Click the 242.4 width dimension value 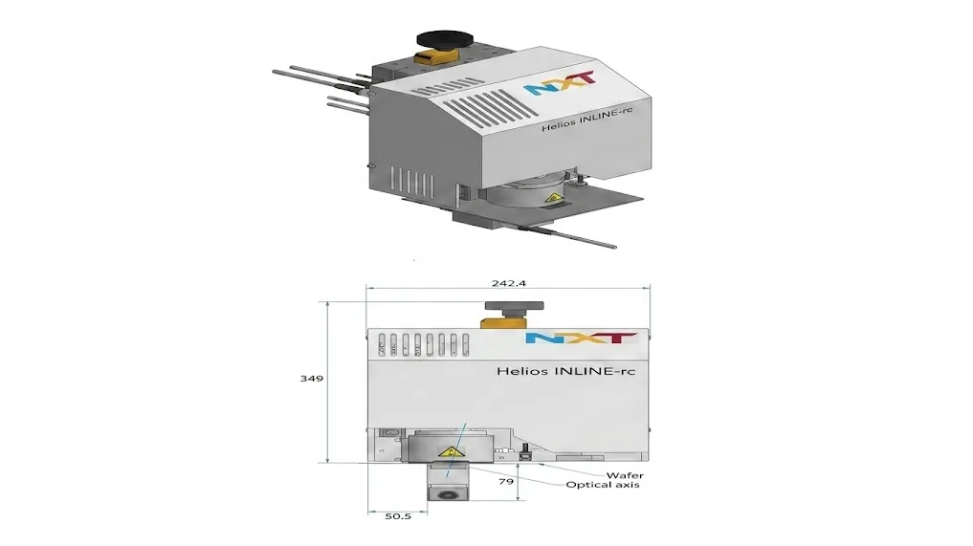click(509, 283)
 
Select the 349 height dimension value click(312, 378)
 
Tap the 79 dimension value click(506, 481)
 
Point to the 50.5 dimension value click(398, 515)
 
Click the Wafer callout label click(625, 475)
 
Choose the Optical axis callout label click(603, 485)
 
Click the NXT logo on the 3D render click(560, 83)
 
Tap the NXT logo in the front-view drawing click(581, 339)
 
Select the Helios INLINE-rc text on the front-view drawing click(565, 371)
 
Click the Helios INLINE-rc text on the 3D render click(586, 118)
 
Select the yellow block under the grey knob click(504, 321)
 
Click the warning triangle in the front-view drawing click(452, 452)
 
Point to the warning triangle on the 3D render click(551, 199)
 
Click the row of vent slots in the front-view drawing click(423, 345)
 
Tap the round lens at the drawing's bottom click(447, 494)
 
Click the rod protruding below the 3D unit click(567, 237)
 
